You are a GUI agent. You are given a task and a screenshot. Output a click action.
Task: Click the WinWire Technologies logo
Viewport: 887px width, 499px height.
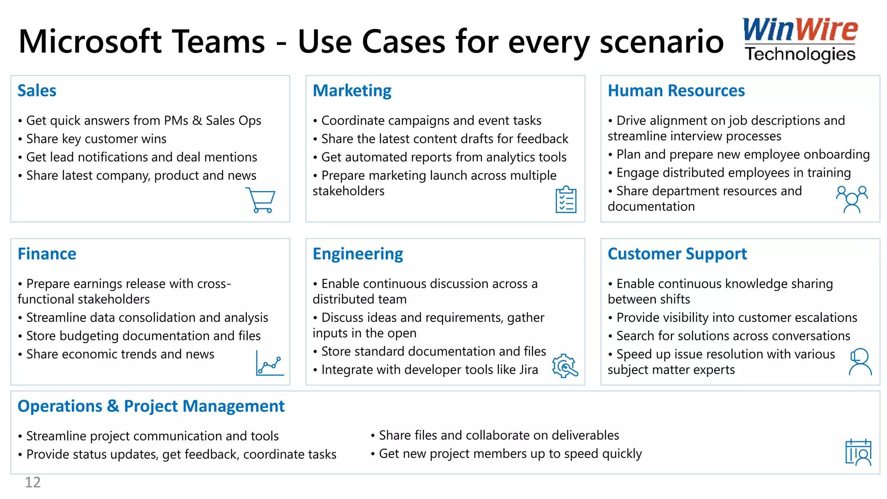click(800, 40)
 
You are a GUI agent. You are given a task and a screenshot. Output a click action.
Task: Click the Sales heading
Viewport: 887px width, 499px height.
click(37, 91)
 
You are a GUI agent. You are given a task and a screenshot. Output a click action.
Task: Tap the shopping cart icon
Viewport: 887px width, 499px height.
click(261, 200)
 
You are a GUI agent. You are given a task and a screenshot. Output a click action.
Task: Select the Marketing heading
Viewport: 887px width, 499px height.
click(352, 91)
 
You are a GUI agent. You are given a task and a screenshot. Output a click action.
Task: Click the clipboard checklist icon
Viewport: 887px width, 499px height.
click(566, 200)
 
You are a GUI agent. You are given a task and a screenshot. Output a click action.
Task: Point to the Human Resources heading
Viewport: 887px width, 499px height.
click(676, 91)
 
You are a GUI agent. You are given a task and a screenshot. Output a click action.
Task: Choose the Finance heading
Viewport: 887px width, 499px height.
click(47, 254)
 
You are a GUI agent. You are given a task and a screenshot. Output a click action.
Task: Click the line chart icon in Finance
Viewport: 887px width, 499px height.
click(270, 363)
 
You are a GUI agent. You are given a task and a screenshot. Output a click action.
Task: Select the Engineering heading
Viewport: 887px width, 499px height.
click(358, 254)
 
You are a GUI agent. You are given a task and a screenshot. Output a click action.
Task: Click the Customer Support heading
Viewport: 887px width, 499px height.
click(677, 254)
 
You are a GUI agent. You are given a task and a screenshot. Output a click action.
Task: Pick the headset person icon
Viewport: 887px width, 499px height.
click(860, 362)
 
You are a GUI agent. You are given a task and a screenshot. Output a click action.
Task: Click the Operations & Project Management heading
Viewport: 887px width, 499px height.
click(151, 406)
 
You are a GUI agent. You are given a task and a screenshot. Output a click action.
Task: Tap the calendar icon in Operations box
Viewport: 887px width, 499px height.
click(858, 452)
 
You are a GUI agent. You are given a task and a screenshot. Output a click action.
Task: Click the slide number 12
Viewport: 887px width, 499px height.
click(32, 482)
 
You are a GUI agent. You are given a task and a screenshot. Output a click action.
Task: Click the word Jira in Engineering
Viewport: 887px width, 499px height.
click(528, 370)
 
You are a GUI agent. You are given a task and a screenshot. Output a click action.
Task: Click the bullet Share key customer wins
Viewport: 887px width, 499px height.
click(96, 139)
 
